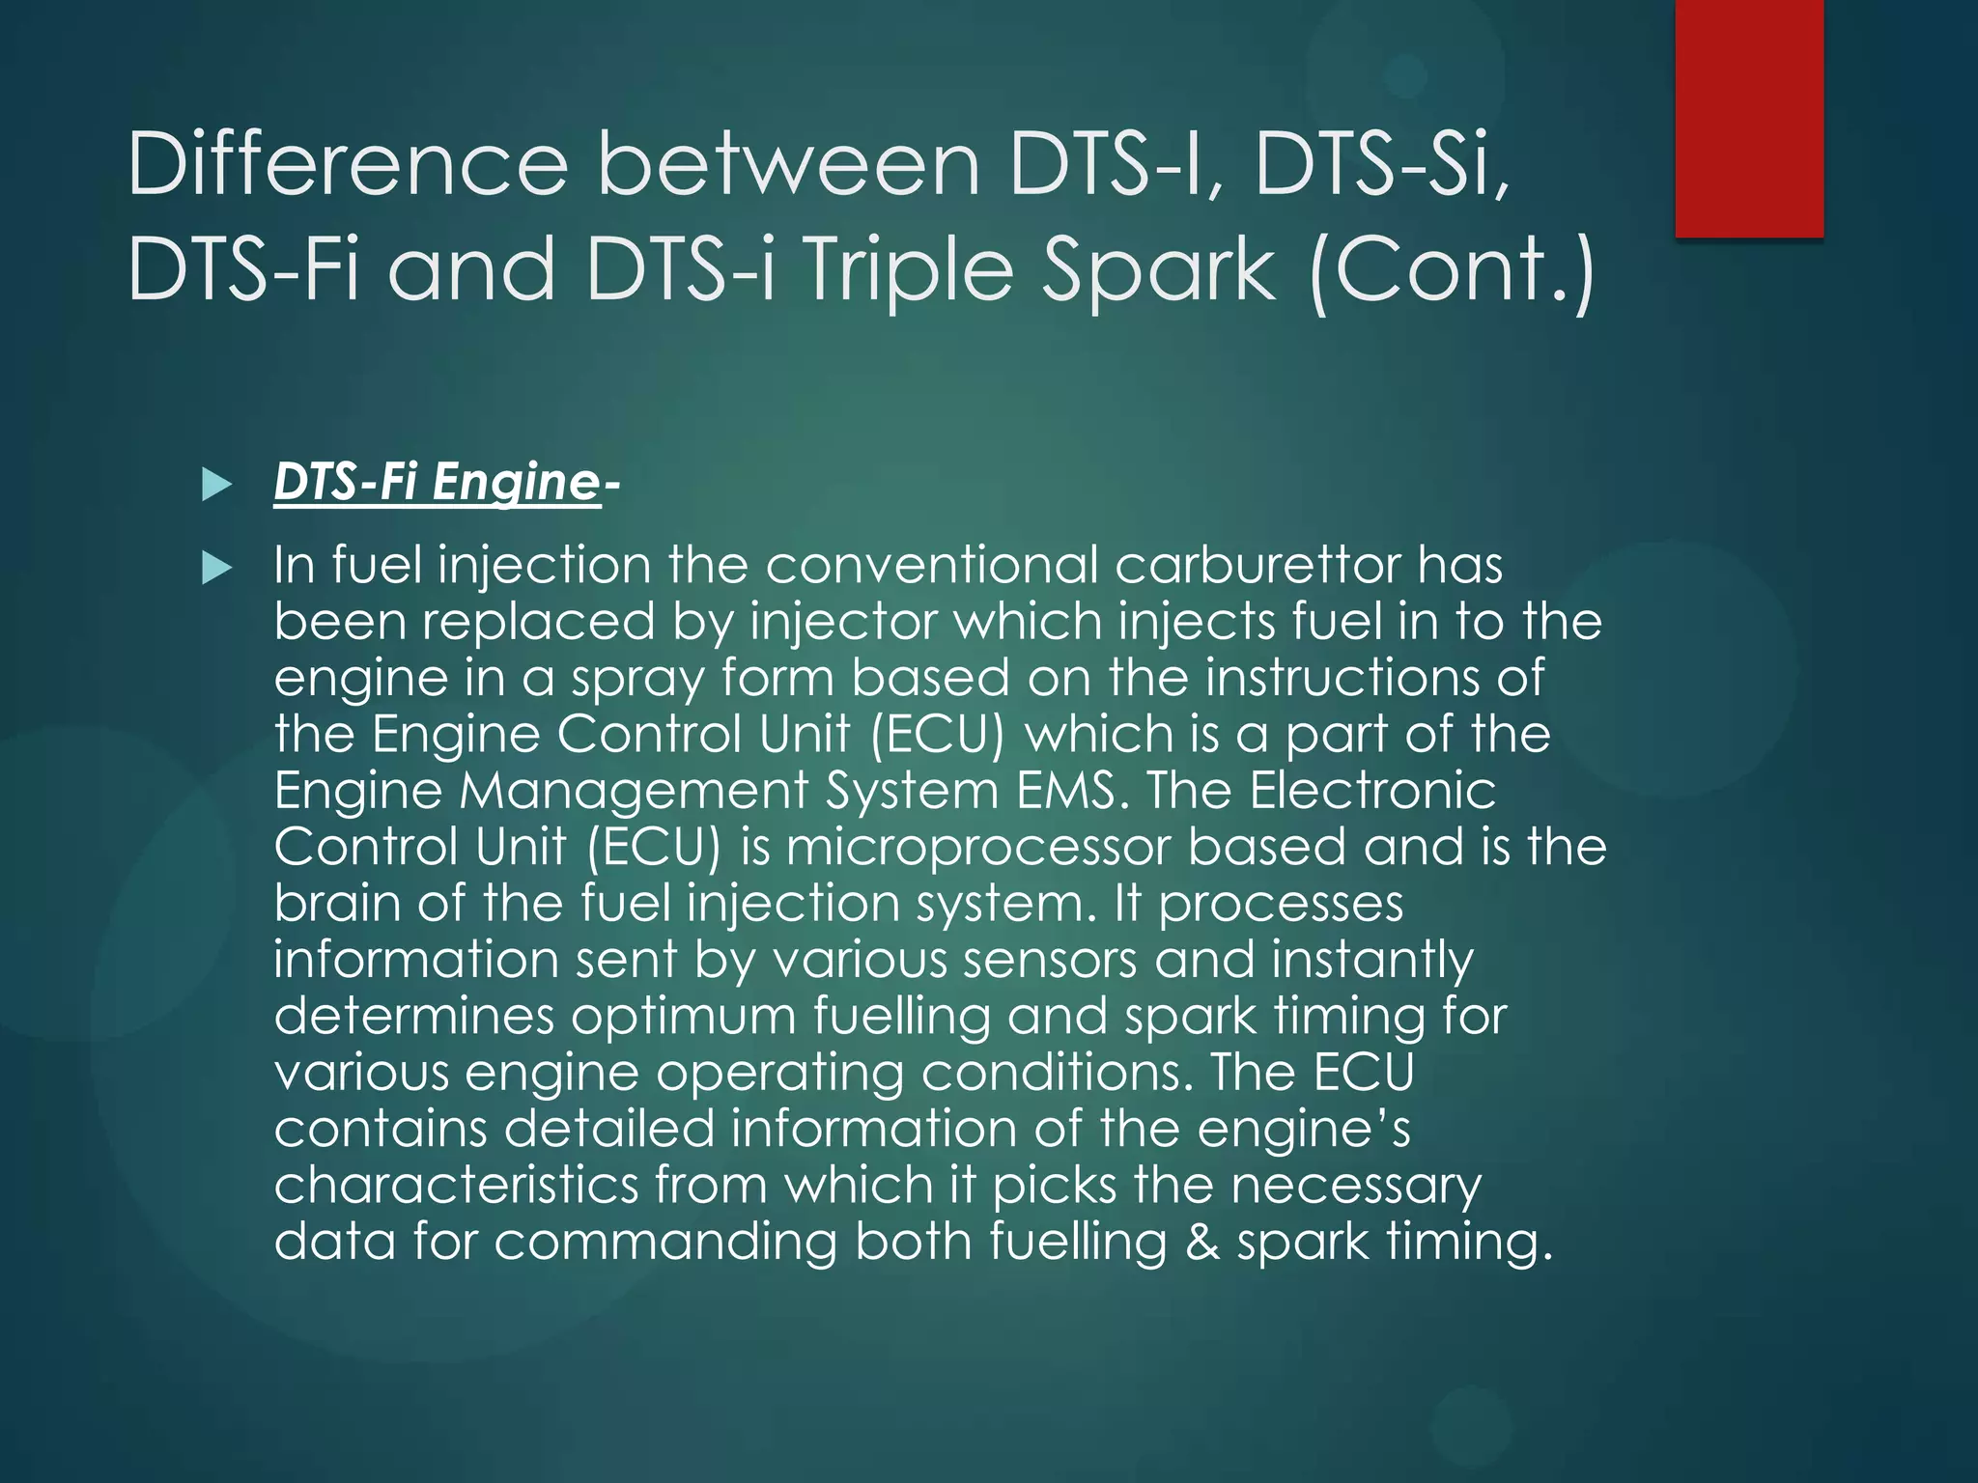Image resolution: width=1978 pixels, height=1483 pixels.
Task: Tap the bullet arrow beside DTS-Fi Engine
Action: pos(217,485)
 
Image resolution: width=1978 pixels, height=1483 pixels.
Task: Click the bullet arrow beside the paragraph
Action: pos(217,569)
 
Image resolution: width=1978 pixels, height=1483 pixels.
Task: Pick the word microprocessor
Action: pos(977,847)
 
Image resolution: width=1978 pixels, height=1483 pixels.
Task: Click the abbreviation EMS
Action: pos(1065,791)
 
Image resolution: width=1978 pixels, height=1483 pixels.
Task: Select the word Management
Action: pos(633,793)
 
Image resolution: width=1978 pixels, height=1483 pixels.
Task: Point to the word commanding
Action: pos(665,1242)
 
